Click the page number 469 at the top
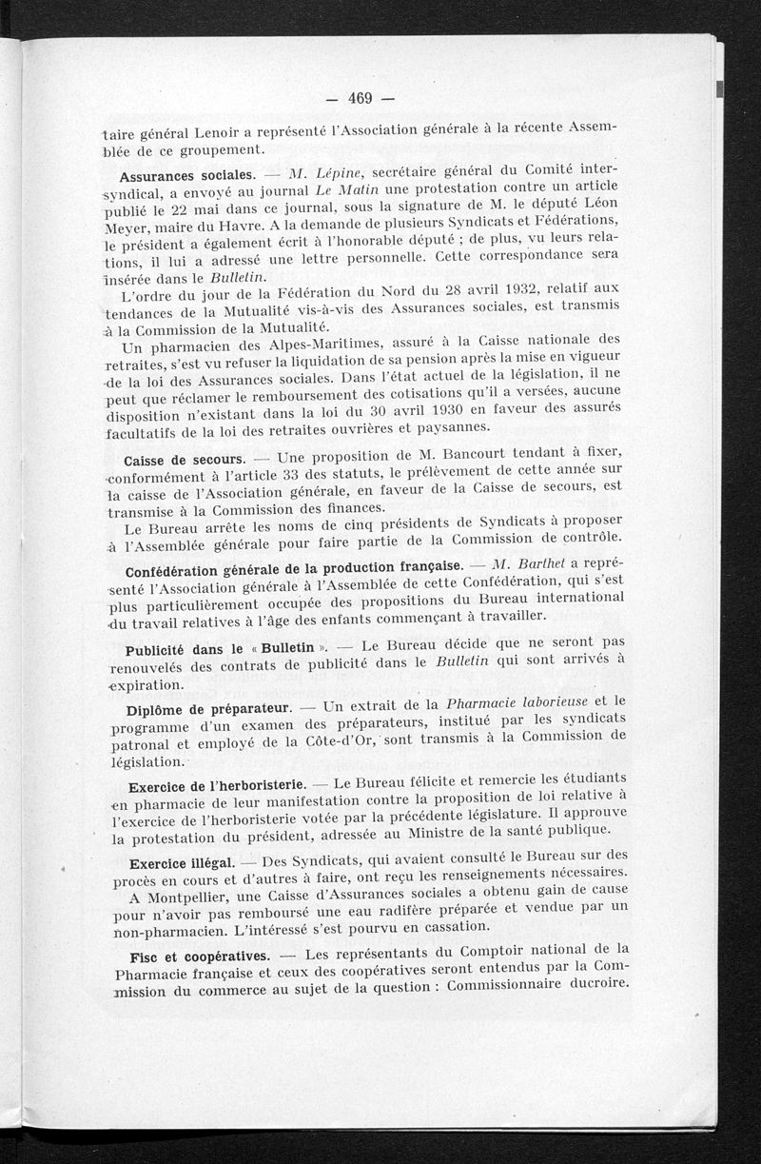(359, 98)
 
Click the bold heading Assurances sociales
(186, 177)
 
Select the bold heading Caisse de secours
(185, 460)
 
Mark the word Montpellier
(187, 899)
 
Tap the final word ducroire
(592, 982)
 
